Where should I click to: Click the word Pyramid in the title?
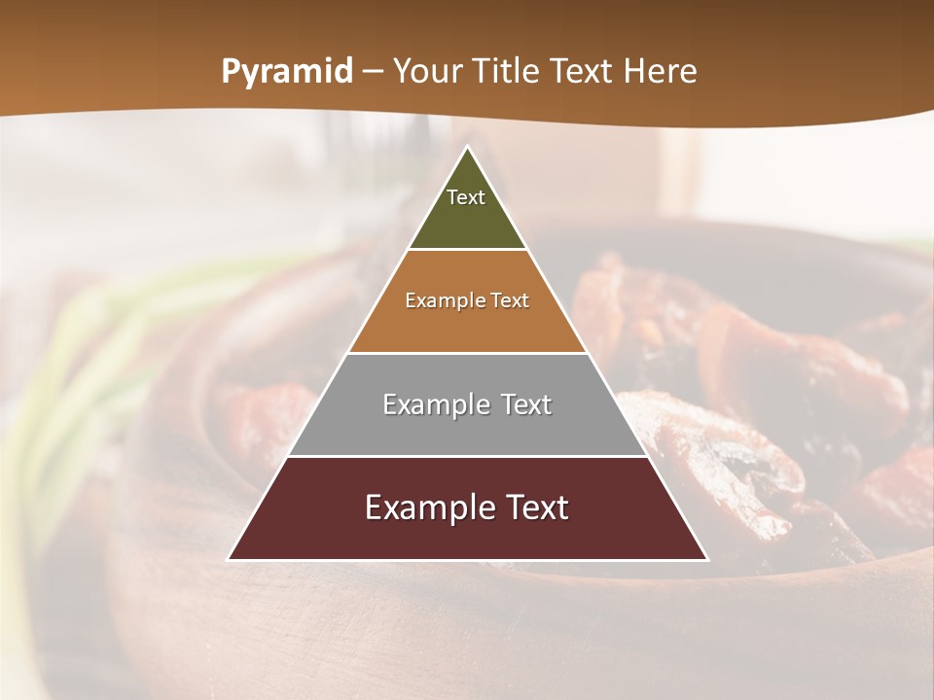[287, 72]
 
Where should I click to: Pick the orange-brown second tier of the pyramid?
[468, 321]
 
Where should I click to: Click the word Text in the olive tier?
[466, 197]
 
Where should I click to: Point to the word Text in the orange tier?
[510, 301]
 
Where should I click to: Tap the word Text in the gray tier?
[525, 404]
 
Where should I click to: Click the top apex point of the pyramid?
[468, 148]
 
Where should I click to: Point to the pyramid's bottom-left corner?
[230, 559]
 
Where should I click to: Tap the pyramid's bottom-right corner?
[706, 559]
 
